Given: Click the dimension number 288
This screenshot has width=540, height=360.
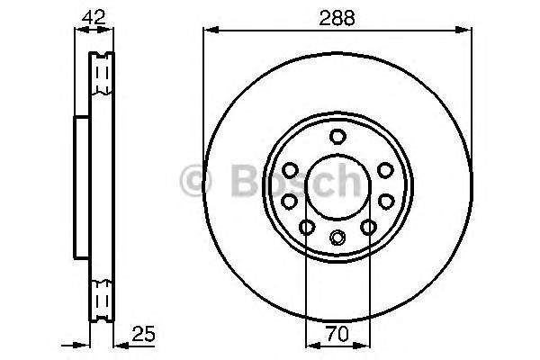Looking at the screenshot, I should [337, 14].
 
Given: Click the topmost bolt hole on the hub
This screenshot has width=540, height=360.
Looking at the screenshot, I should [337, 137].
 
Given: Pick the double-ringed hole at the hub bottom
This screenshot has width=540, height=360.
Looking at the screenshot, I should [337, 238].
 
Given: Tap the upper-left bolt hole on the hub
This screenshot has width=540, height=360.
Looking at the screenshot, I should [291, 169].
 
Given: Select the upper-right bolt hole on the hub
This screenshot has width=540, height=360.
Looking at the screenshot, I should [384, 169].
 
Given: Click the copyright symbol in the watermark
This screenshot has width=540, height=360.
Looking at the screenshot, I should [195, 180].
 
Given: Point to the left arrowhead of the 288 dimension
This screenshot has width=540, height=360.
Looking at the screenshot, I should [211, 31].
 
